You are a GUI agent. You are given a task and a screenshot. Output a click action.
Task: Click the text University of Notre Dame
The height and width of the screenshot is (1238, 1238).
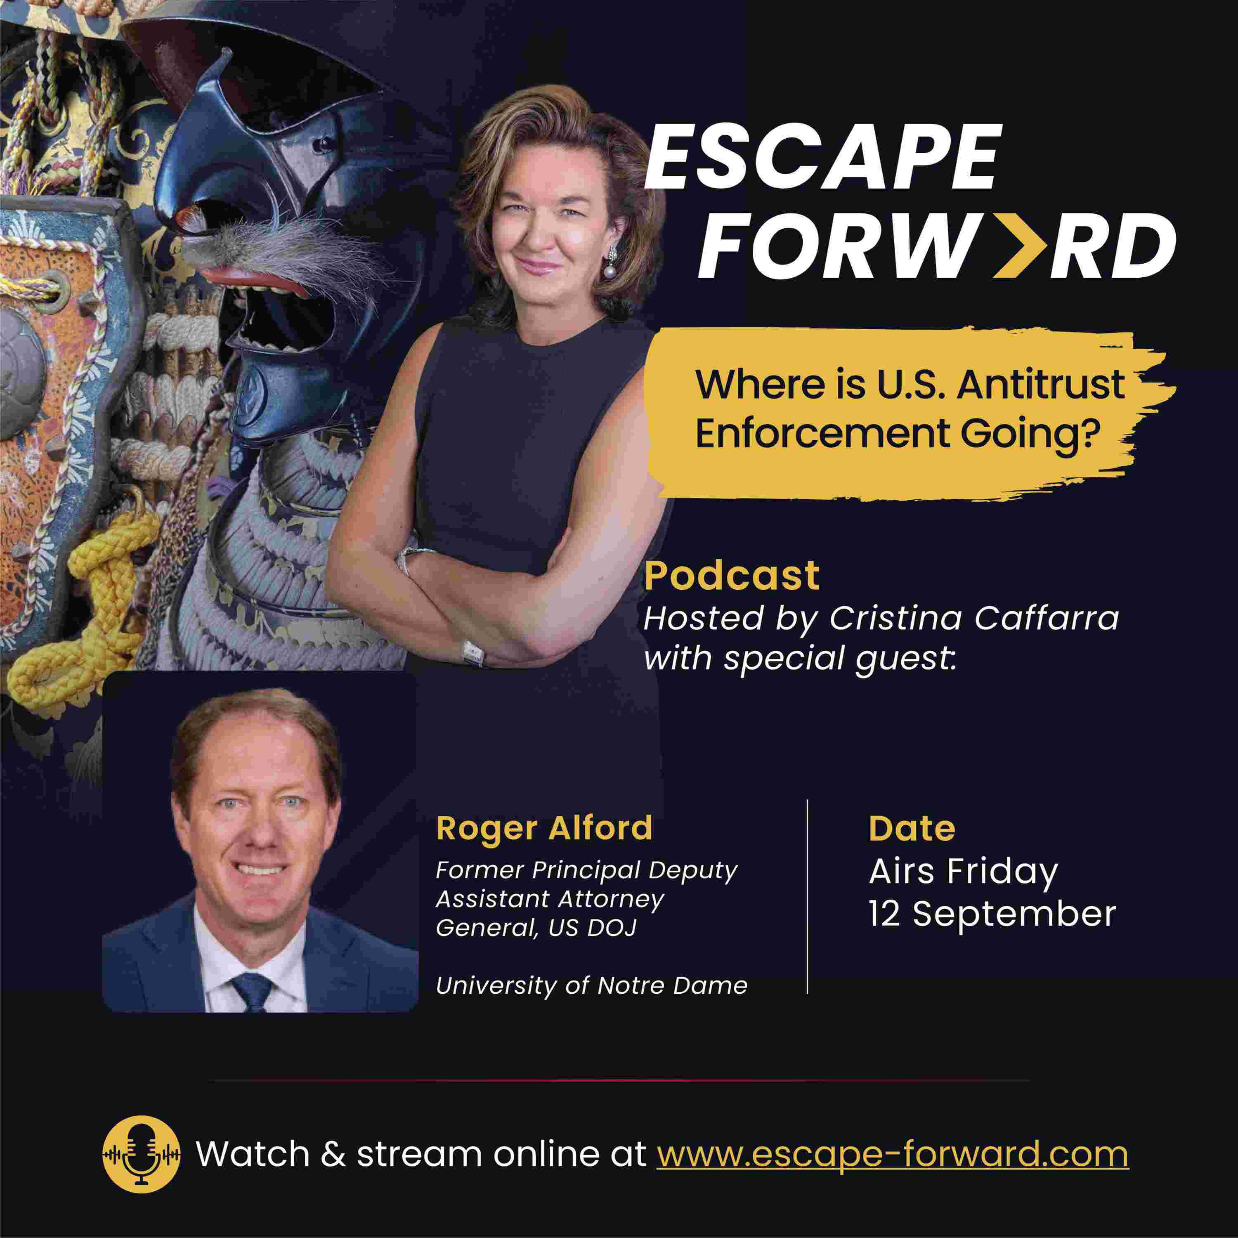click(591, 985)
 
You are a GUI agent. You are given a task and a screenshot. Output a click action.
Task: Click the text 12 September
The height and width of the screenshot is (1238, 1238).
click(992, 913)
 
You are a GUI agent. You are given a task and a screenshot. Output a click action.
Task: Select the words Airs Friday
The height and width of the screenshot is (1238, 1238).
click(963, 872)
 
